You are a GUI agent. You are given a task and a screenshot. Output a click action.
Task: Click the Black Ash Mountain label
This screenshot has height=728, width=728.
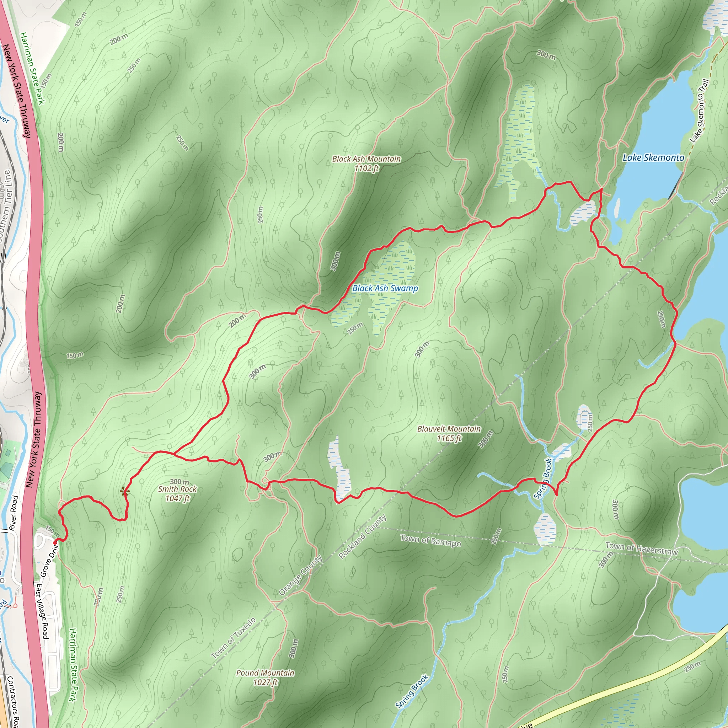[x=366, y=159]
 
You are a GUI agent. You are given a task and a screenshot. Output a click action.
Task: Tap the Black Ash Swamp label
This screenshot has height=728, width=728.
[x=385, y=288]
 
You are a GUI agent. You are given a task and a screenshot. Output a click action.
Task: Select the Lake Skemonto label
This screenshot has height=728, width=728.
[x=653, y=157]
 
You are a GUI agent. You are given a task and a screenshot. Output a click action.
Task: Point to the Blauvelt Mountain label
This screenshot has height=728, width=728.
[x=449, y=429]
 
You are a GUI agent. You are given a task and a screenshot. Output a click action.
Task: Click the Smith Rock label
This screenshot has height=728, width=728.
[x=177, y=489]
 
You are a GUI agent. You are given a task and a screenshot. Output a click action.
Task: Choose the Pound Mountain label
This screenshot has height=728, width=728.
[x=265, y=673]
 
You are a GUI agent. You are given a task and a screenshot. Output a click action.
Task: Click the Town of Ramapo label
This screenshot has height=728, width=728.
[x=430, y=541]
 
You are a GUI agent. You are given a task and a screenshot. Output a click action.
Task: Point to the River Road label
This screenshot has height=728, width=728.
[x=14, y=513]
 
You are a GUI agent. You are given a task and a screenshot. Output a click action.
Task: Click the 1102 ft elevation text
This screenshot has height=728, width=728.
[x=366, y=168]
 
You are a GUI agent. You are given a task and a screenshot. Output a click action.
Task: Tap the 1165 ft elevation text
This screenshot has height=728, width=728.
[x=449, y=438]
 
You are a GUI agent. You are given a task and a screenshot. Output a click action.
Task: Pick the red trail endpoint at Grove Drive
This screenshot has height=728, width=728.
[x=55, y=542]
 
